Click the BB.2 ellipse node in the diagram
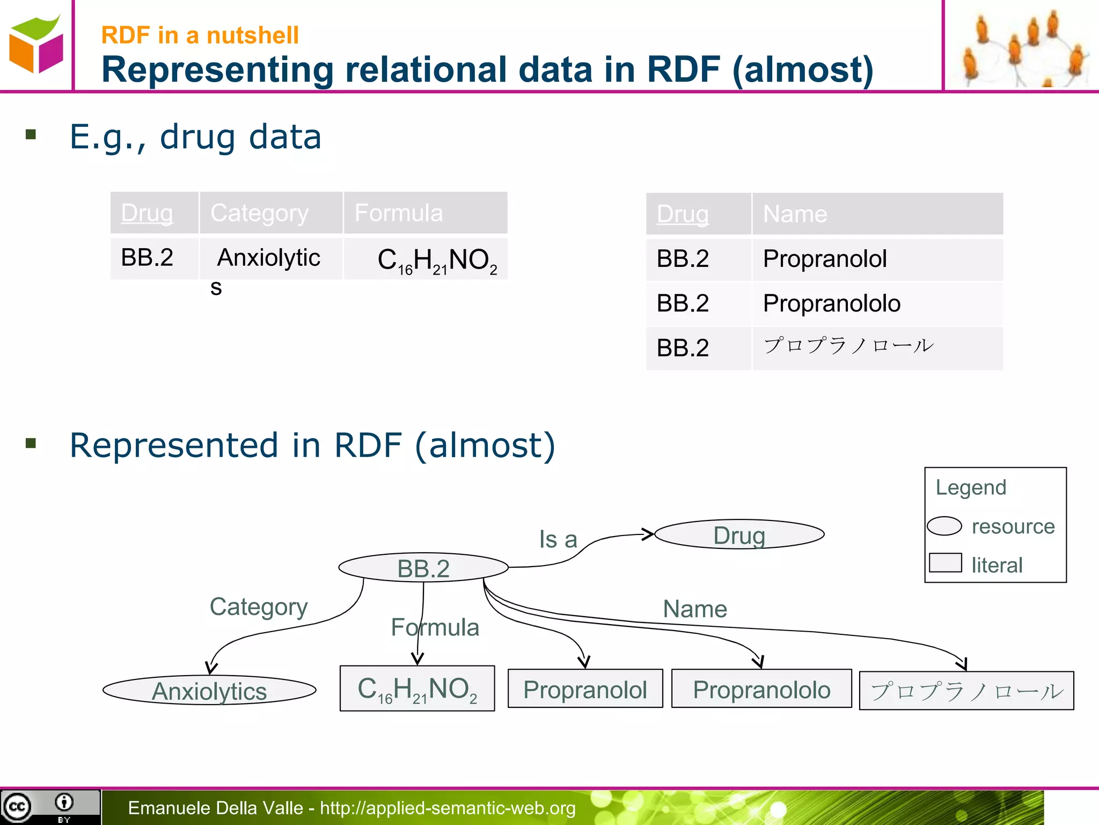[423, 568]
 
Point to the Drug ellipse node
[739, 534]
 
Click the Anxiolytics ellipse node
[209, 691]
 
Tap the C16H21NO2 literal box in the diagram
[417, 689]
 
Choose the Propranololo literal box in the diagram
[761, 689]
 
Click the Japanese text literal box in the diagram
[966, 691]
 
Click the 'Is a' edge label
[558, 539]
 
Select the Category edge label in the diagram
[258, 607]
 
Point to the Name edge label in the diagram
[694, 609]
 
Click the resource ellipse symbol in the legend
[944, 526]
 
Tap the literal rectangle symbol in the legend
[945, 562]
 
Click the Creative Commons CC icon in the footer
[17, 807]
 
